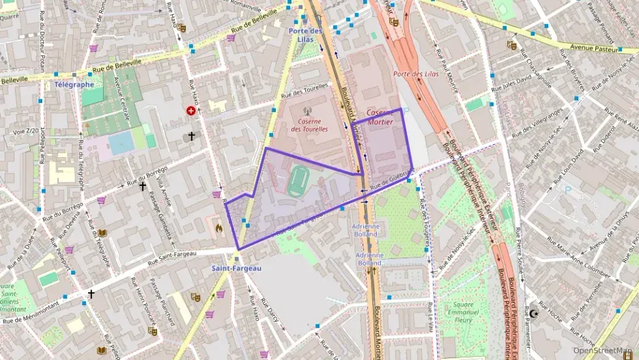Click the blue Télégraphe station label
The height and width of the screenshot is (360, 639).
74,85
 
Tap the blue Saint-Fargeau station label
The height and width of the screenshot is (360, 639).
236,268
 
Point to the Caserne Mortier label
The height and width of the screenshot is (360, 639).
381,117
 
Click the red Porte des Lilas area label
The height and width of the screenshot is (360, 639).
416,74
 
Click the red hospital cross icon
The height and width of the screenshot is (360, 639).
190,111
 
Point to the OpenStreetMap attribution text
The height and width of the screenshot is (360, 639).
603,350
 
